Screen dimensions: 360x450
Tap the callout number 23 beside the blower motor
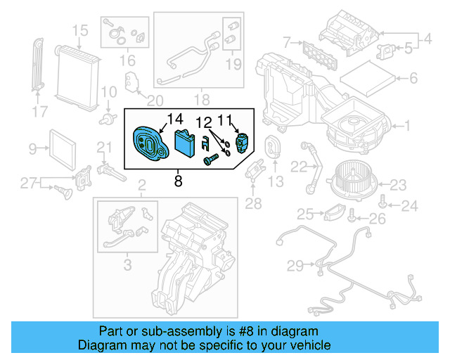click(399, 185)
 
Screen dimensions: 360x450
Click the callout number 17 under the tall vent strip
click(40, 111)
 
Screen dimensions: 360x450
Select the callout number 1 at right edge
click(405, 126)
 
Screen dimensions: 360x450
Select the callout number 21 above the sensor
click(104, 147)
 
